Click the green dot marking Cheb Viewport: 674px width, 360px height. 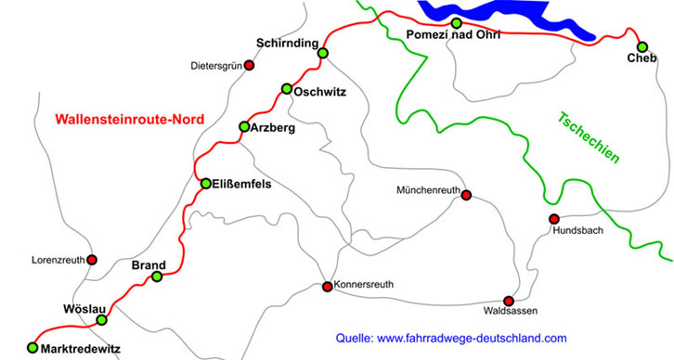(642, 46)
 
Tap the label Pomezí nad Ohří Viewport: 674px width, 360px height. (453, 35)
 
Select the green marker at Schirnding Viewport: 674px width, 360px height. (322, 53)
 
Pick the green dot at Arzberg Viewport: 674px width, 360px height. (244, 126)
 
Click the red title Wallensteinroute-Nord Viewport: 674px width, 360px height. (129, 119)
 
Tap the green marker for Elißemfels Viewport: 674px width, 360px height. (206, 184)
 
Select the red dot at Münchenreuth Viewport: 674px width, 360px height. (466, 195)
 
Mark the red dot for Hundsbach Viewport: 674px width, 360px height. (553, 219)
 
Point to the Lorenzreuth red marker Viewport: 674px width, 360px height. (91, 260)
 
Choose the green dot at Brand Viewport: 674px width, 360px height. (157, 276)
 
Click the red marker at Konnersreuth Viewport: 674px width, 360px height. (327, 287)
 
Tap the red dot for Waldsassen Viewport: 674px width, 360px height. (508, 301)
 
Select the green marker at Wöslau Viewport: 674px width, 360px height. (101, 320)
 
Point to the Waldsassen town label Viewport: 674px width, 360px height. (511, 315)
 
